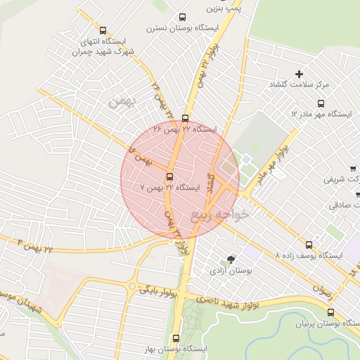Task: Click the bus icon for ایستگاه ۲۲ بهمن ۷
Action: tap(170, 176)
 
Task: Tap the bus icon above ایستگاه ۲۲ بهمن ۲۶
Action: tap(185, 118)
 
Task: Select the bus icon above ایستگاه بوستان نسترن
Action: tap(183, 17)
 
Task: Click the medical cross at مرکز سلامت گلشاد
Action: tap(299, 74)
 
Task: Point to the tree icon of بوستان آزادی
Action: tap(231, 259)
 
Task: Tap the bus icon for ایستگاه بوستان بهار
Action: tap(176, 337)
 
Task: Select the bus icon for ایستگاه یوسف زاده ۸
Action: tap(309, 245)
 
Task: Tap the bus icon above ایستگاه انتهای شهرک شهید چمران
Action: tap(103, 30)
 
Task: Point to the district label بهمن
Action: tap(121, 102)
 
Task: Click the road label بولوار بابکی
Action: tap(156, 288)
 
